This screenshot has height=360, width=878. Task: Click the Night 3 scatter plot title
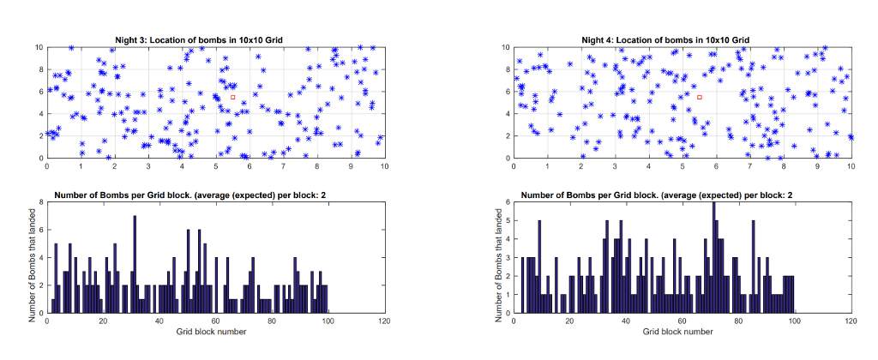(199, 40)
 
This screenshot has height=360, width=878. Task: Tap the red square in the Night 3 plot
(232, 97)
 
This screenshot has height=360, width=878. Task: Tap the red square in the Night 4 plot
(700, 97)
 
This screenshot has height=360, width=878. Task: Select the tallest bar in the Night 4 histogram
(713, 258)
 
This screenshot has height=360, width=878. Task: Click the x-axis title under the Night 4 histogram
(682, 331)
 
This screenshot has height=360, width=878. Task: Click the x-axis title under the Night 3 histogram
(215, 331)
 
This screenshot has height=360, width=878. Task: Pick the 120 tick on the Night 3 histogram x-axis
(384, 321)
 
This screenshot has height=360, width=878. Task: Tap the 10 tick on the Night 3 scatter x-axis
(384, 166)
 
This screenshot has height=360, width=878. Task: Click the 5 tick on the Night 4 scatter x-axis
(683, 166)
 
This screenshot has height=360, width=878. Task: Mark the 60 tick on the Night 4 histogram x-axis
(682, 321)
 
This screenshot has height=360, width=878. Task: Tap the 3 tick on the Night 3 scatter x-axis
(147, 166)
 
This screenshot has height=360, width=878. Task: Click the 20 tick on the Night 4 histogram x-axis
(569, 321)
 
